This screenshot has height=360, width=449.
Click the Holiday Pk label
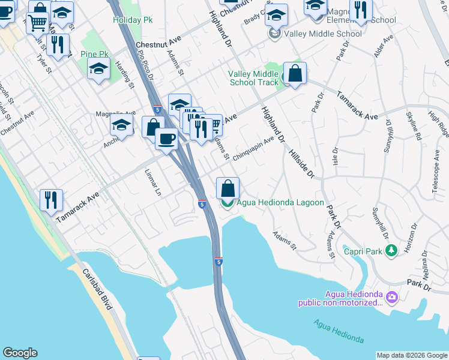132,20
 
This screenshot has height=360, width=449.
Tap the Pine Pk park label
94,55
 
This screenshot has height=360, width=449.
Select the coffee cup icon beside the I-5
166,138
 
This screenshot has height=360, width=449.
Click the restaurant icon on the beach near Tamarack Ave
51,199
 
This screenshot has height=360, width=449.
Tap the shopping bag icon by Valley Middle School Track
295,74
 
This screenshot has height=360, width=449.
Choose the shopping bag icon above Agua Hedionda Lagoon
228,188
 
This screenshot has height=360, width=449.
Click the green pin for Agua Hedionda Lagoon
228,203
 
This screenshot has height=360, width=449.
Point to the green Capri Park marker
391,250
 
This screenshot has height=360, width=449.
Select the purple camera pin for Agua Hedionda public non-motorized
391,297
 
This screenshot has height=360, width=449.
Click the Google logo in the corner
20,353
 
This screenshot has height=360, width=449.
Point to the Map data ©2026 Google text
411,355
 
